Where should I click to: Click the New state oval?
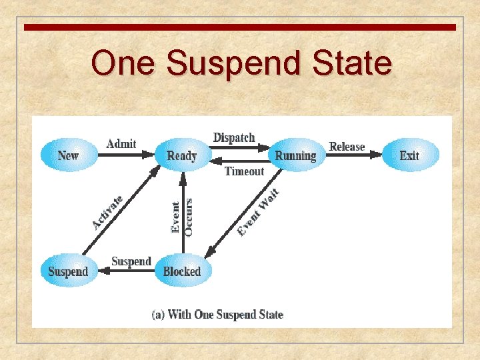[68, 155]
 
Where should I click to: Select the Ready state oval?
[181, 155]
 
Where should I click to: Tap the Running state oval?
[295, 155]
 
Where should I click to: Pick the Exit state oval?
[409, 155]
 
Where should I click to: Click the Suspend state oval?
[68, 271]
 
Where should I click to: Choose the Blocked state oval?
[181, 271]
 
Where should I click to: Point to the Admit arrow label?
[121, 143]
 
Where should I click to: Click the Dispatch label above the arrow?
[234, 137]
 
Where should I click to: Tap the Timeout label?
[244, 171]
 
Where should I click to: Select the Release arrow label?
[347, 146]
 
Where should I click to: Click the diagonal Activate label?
[107, 213]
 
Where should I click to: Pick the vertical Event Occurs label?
[181, 217]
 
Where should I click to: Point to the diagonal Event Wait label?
[258, 213]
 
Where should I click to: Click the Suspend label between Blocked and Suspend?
[131, 261]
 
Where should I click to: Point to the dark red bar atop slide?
[240, 27]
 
